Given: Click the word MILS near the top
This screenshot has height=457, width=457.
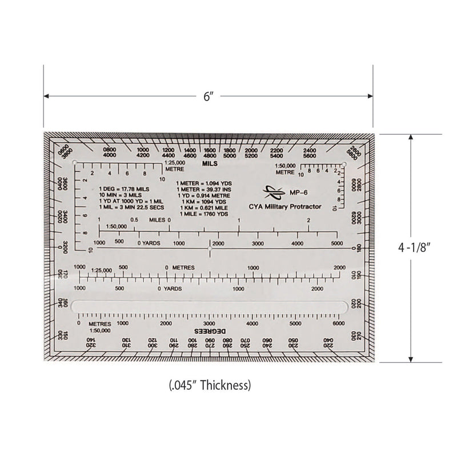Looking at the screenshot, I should tap(210, 163).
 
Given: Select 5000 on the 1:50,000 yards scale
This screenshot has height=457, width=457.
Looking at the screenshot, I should tap(337, 243).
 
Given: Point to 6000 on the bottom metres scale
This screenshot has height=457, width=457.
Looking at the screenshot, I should tap(338, 323).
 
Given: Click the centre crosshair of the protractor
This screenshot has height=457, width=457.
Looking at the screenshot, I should tap(210, 250).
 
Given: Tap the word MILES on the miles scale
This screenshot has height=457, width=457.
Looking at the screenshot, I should tap(157, 219).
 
